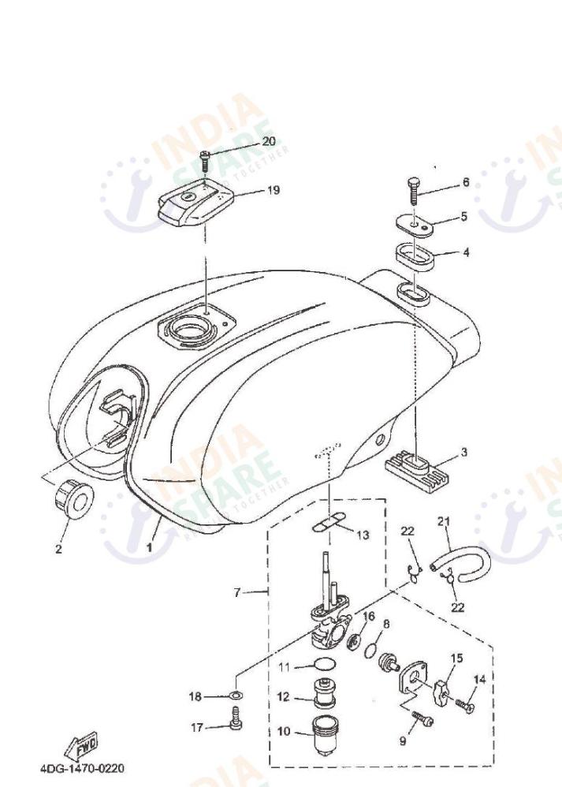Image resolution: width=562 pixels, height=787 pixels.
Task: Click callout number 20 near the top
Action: click(x=269, y=142)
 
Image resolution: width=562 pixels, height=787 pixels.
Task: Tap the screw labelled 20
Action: click(x=205, y=161)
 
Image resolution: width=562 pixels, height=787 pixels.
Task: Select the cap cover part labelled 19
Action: click(x=195, y=203)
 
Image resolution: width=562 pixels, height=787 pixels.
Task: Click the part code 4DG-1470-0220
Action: click(x=81, y=767)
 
